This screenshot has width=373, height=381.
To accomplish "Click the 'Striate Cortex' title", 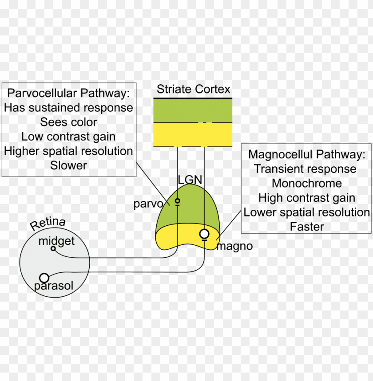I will click(193, 90).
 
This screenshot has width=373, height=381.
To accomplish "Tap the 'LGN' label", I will click(190, 180).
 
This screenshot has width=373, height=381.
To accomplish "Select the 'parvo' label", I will click(148, 204).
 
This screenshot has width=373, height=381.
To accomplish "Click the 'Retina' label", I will click(48, 224).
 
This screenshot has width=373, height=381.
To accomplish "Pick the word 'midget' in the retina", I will click(56, 241).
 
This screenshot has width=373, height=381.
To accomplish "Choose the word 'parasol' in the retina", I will click(54, 286).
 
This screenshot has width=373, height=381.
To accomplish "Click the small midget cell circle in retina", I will click(53, 249).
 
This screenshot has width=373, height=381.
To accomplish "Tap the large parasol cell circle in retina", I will click(44, 278).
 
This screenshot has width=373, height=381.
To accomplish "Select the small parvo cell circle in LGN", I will click(177, 201).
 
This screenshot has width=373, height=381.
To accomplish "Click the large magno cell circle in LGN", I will click(204, 233).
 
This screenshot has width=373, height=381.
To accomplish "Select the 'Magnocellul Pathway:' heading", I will click(306, 154).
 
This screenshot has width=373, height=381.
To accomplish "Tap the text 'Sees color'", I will click(68, 122).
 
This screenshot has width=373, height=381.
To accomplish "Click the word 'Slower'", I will click(68, 165).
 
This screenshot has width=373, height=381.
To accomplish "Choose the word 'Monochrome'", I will click(306, 183).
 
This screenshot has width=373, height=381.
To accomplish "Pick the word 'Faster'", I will click(306, 226).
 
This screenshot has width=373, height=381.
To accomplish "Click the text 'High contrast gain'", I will click(306, 198).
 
